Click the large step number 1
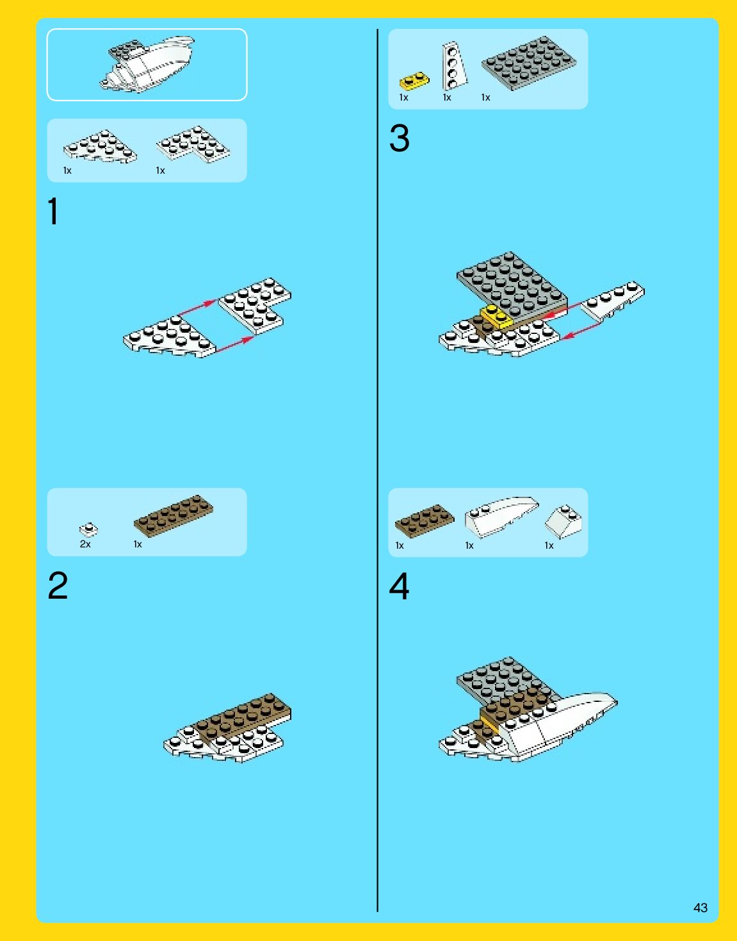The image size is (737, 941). point(53,212)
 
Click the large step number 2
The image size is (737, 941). point(58,585)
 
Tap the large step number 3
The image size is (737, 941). point(399,138)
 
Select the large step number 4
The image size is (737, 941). point(399,586)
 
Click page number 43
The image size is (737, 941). point(701,907)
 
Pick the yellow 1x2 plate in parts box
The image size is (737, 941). point(414,80)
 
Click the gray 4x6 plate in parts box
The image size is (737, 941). point(528,63)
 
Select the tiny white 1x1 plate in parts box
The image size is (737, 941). point(88,529)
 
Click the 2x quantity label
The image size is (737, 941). point(85,544)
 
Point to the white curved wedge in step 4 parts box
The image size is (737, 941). point(502,517)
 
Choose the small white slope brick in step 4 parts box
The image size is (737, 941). point(563,521)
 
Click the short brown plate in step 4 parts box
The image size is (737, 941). point(425,520)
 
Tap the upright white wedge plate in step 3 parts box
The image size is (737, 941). point(454,66)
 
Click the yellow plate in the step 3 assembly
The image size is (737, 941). point(496,316)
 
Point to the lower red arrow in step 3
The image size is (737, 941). point(583,329)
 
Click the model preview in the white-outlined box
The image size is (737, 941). point(147,64)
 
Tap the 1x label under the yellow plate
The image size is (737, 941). point(403,98)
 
